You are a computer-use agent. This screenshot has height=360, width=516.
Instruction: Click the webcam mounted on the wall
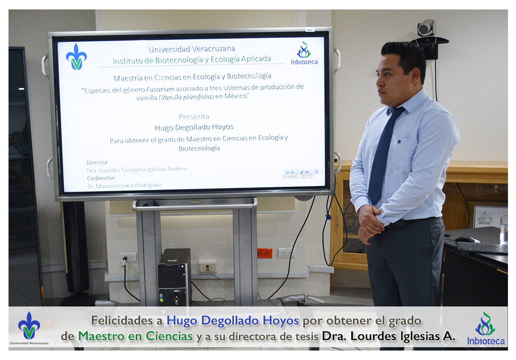[x=427, y=28]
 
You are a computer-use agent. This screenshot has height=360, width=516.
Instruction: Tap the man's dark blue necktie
[x=383, y=155]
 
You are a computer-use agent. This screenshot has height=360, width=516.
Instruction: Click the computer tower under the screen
[x=174, y=277]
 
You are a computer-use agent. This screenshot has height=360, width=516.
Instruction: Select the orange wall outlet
[x=265, y=253]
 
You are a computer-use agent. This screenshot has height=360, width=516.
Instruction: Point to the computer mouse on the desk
[x=467, y=240]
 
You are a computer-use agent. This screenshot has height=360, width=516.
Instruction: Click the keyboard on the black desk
[x=482, y=248]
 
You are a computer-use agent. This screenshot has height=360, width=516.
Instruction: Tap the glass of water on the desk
[x=504, y=230]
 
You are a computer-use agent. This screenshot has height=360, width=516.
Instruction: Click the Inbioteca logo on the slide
[x=304, y=54]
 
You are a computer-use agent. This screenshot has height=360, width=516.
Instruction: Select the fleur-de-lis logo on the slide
[x=76, y=57]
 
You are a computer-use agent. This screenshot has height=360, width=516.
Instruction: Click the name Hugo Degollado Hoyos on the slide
[x=194, y=127]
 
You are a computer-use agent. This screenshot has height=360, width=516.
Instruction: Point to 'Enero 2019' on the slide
[x=297, y=177]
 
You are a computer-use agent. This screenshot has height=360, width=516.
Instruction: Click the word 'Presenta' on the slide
[x=194, y=117]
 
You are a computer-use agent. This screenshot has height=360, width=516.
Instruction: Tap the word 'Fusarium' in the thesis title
[x=160, y=89]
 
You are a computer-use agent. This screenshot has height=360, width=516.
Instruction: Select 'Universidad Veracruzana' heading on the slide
[x=192, y=49]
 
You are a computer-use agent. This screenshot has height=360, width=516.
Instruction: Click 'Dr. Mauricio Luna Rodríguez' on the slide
[x=124, y=186]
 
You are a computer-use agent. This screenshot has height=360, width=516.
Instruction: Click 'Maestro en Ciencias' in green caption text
[x=135, y=336]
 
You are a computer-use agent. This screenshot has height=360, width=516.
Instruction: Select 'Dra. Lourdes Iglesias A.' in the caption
[x=389, y=336]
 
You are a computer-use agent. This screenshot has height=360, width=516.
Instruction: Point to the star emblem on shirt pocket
[x=399, y=142]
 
